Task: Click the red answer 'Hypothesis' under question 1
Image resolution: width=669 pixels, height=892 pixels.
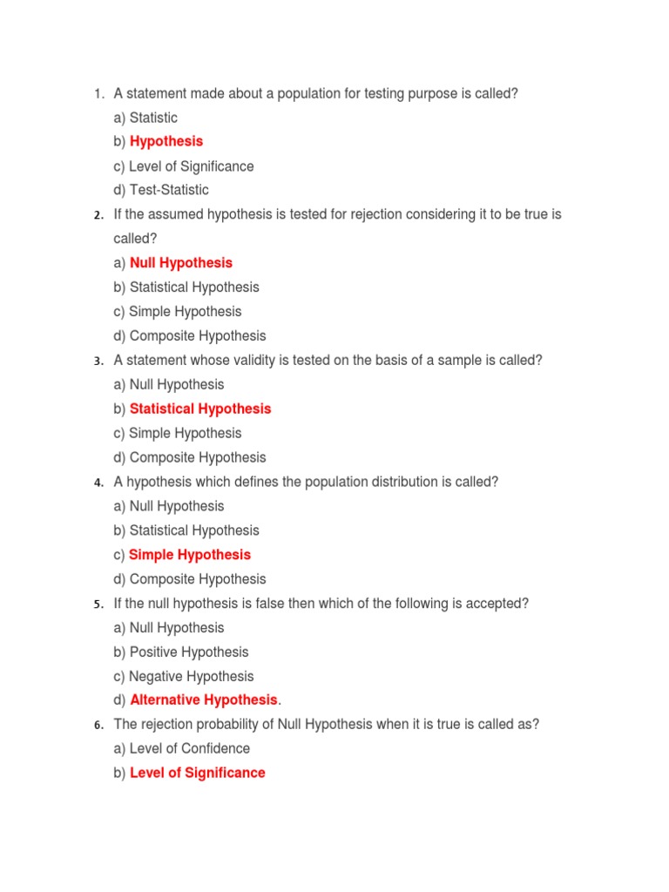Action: pos(166,141)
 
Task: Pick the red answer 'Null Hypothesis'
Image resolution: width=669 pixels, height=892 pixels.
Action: pos(181,263)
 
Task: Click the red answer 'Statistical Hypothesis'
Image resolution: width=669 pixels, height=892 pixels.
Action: pos(200,409)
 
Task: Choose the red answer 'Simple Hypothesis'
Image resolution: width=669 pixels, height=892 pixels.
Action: pos(190,555)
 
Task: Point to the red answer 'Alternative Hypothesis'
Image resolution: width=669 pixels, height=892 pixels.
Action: pos(203,700)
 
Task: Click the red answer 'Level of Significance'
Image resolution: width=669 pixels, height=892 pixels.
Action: pos(198,773)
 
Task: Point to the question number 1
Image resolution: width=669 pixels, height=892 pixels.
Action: pos(98,94)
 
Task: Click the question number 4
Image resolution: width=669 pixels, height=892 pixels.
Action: pos(98,483)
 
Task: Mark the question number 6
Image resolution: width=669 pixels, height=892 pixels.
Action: pos(98,726)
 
